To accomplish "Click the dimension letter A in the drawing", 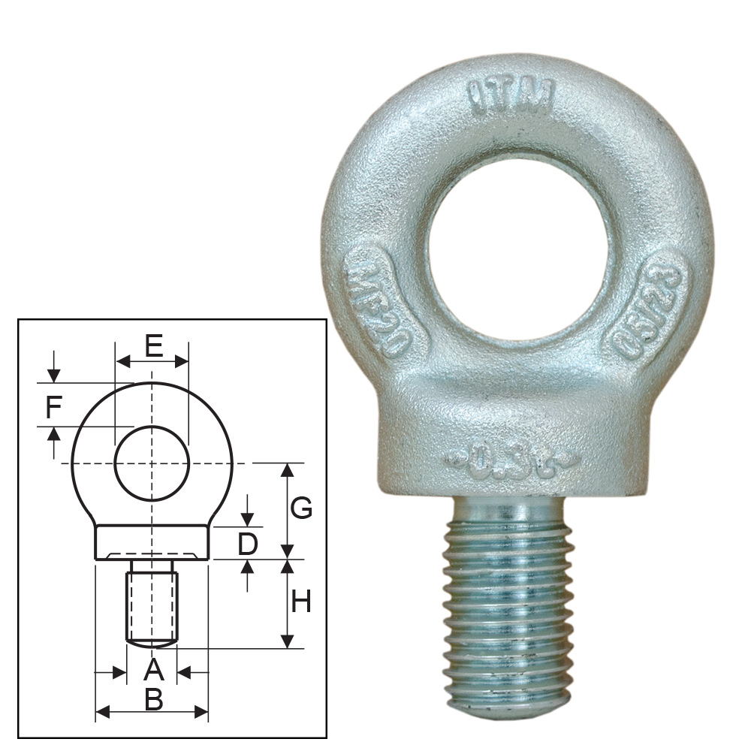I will [x=152, y=668].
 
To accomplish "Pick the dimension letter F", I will [x=53, y=408].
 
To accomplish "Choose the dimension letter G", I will [x=301, y=508].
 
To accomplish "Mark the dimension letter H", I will [x=300, y=602].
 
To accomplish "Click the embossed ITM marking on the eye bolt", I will [x=511, y=96].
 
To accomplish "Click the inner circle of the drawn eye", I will [x=152, y=463].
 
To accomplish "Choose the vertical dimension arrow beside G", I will [x=287, y=511].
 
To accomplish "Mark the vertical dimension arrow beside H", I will [x=287, y=604].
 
